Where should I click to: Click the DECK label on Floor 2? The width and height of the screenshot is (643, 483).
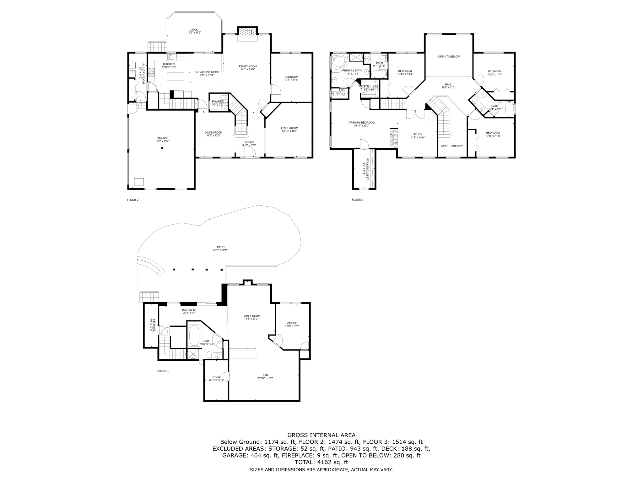(194, 30)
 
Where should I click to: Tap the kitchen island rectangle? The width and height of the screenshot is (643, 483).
(175, 76)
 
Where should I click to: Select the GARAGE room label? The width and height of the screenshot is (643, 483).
(162, 138)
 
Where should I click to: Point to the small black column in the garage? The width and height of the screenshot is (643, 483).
(162, 148)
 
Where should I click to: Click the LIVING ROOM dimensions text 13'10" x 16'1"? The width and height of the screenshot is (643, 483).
(289, 131)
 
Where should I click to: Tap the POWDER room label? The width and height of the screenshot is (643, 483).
(218, 102)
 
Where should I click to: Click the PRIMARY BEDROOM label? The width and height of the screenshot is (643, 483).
(361, 123)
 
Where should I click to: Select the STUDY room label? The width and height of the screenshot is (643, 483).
(418, 134)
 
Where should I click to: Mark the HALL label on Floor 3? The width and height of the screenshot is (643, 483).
(448, 84)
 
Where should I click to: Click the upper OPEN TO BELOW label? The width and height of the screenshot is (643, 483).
(449, 57)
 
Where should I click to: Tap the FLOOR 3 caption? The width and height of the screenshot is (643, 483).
(357, 200)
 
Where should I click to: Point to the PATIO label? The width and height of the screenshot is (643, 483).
(221, 247)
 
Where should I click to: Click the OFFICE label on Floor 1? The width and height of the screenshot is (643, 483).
(292, 323)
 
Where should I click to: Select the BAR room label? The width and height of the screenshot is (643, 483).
(265, 375)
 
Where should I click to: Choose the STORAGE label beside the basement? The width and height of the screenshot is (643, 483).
(154, 325)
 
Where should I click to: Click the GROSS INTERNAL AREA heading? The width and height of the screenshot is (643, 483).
(321, 435)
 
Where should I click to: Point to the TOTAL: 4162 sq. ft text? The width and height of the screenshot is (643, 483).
(321, 462)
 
